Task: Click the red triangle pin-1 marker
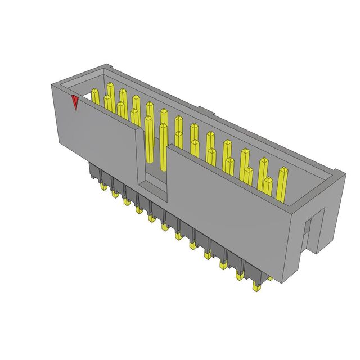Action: [75, 103]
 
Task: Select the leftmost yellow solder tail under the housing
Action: [103, 187]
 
